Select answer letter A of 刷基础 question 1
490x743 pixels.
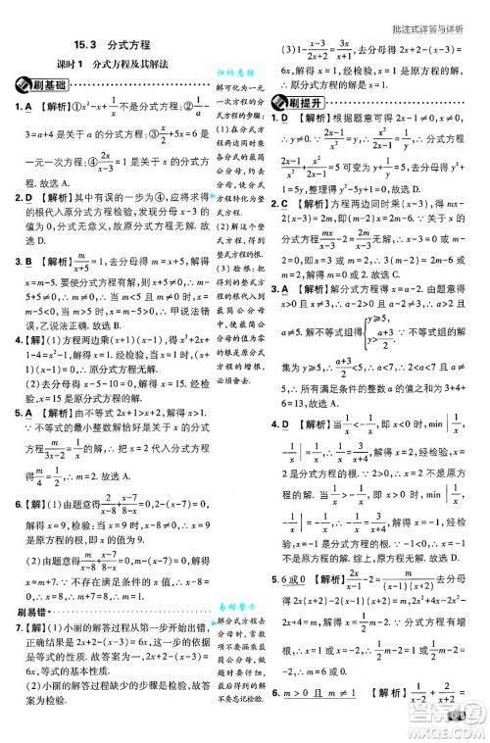coord(28,107)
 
